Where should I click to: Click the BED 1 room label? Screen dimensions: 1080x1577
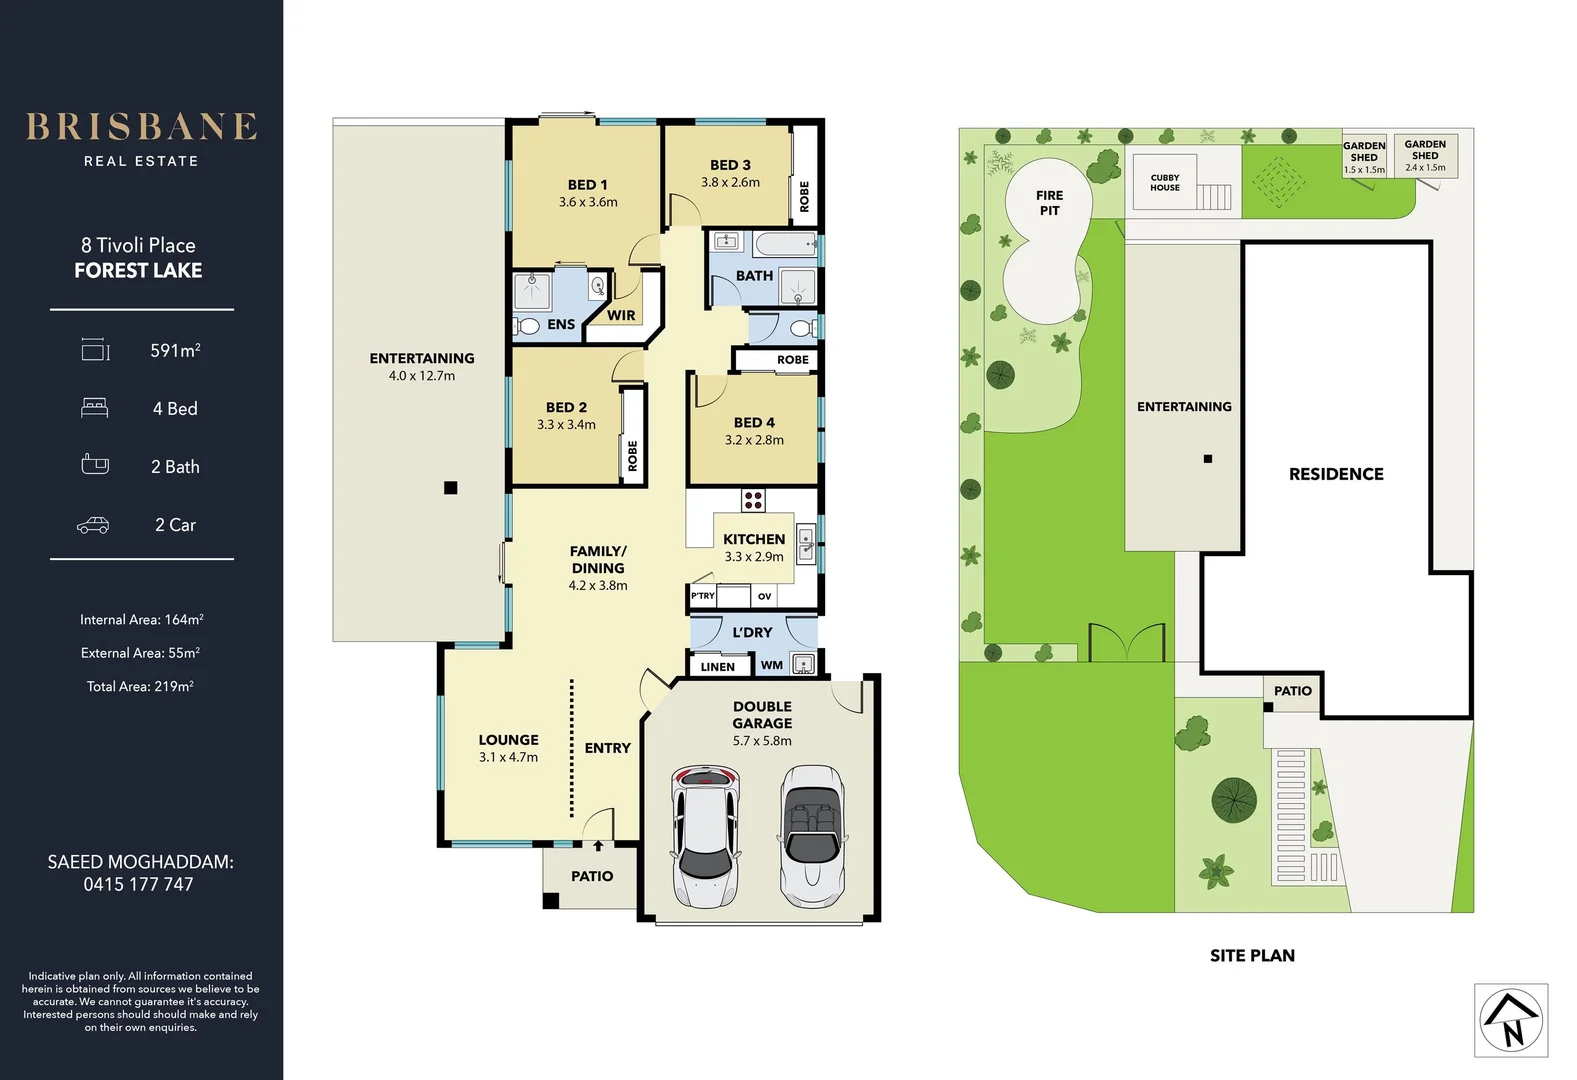pos(587,185)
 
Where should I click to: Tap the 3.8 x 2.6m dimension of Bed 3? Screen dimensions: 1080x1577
pos(730,183)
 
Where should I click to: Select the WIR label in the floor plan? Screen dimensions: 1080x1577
pos(621,315)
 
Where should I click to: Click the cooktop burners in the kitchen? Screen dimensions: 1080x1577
pos(753,500)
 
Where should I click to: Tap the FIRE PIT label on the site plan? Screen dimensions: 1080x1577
pos(1049,203)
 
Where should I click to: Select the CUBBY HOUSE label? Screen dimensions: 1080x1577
pos(1164,183)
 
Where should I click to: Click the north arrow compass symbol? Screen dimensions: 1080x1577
pos(1511,1020)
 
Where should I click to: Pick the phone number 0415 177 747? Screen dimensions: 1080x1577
pos(138,885)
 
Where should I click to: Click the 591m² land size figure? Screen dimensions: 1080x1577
pos(175,351)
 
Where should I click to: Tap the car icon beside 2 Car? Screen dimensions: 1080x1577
pos(93,526)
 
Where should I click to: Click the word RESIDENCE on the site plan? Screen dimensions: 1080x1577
pos(1336,474)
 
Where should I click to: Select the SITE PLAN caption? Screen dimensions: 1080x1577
pos(1252,956)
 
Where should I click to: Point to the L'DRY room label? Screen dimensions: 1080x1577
pos(752,632)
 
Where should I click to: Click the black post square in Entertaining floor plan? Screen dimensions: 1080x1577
pos(451,488)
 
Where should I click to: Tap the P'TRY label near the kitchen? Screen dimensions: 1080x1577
pos(703,596)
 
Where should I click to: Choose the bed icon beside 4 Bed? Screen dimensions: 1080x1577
pos(94,408)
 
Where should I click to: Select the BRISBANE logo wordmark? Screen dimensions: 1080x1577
pos(141,127)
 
